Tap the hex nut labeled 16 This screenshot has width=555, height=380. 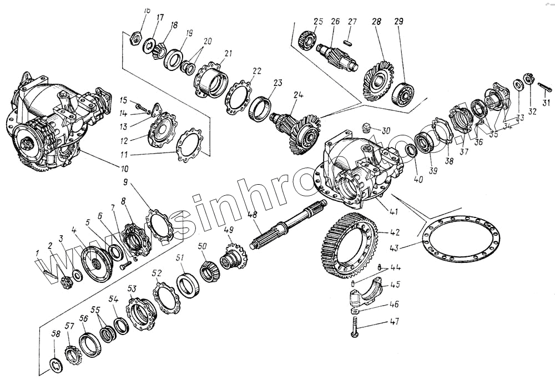(133, 39)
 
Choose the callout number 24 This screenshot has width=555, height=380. (299, 95)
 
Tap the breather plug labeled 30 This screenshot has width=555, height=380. (365, 129)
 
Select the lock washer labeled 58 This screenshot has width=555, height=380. (56, 364)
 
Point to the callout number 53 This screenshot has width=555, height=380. (132, 288)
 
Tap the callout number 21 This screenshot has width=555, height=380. (228, 53)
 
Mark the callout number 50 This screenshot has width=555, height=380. (202, 246)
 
